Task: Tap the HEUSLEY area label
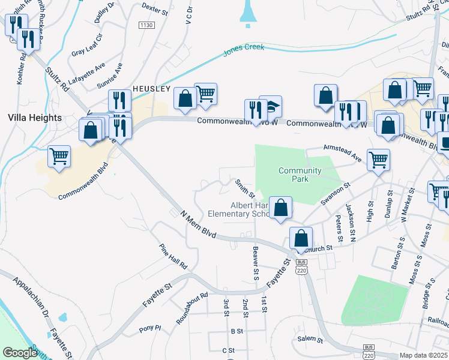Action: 152,88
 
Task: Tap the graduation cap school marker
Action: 271,107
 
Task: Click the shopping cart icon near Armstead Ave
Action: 379,160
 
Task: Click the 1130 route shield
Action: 146,25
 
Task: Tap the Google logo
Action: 20,353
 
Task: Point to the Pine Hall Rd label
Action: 173,256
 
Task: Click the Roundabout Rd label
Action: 191,308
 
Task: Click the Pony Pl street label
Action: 150,329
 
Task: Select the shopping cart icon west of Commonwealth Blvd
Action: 59,157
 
